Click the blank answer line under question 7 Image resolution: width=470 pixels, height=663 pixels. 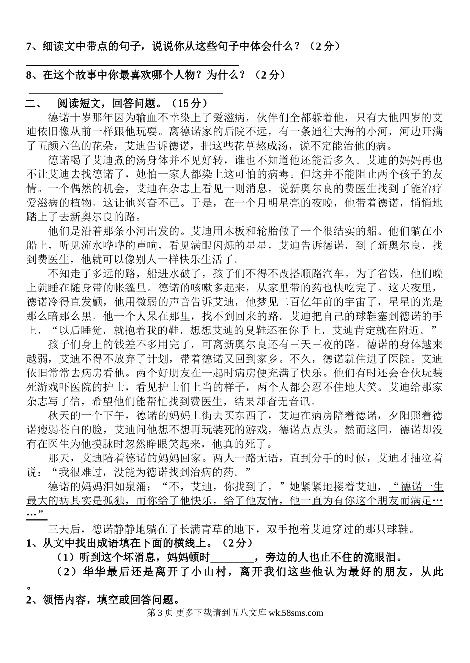(132, 65)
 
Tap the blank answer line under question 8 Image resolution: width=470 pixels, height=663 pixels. (126, 92)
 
